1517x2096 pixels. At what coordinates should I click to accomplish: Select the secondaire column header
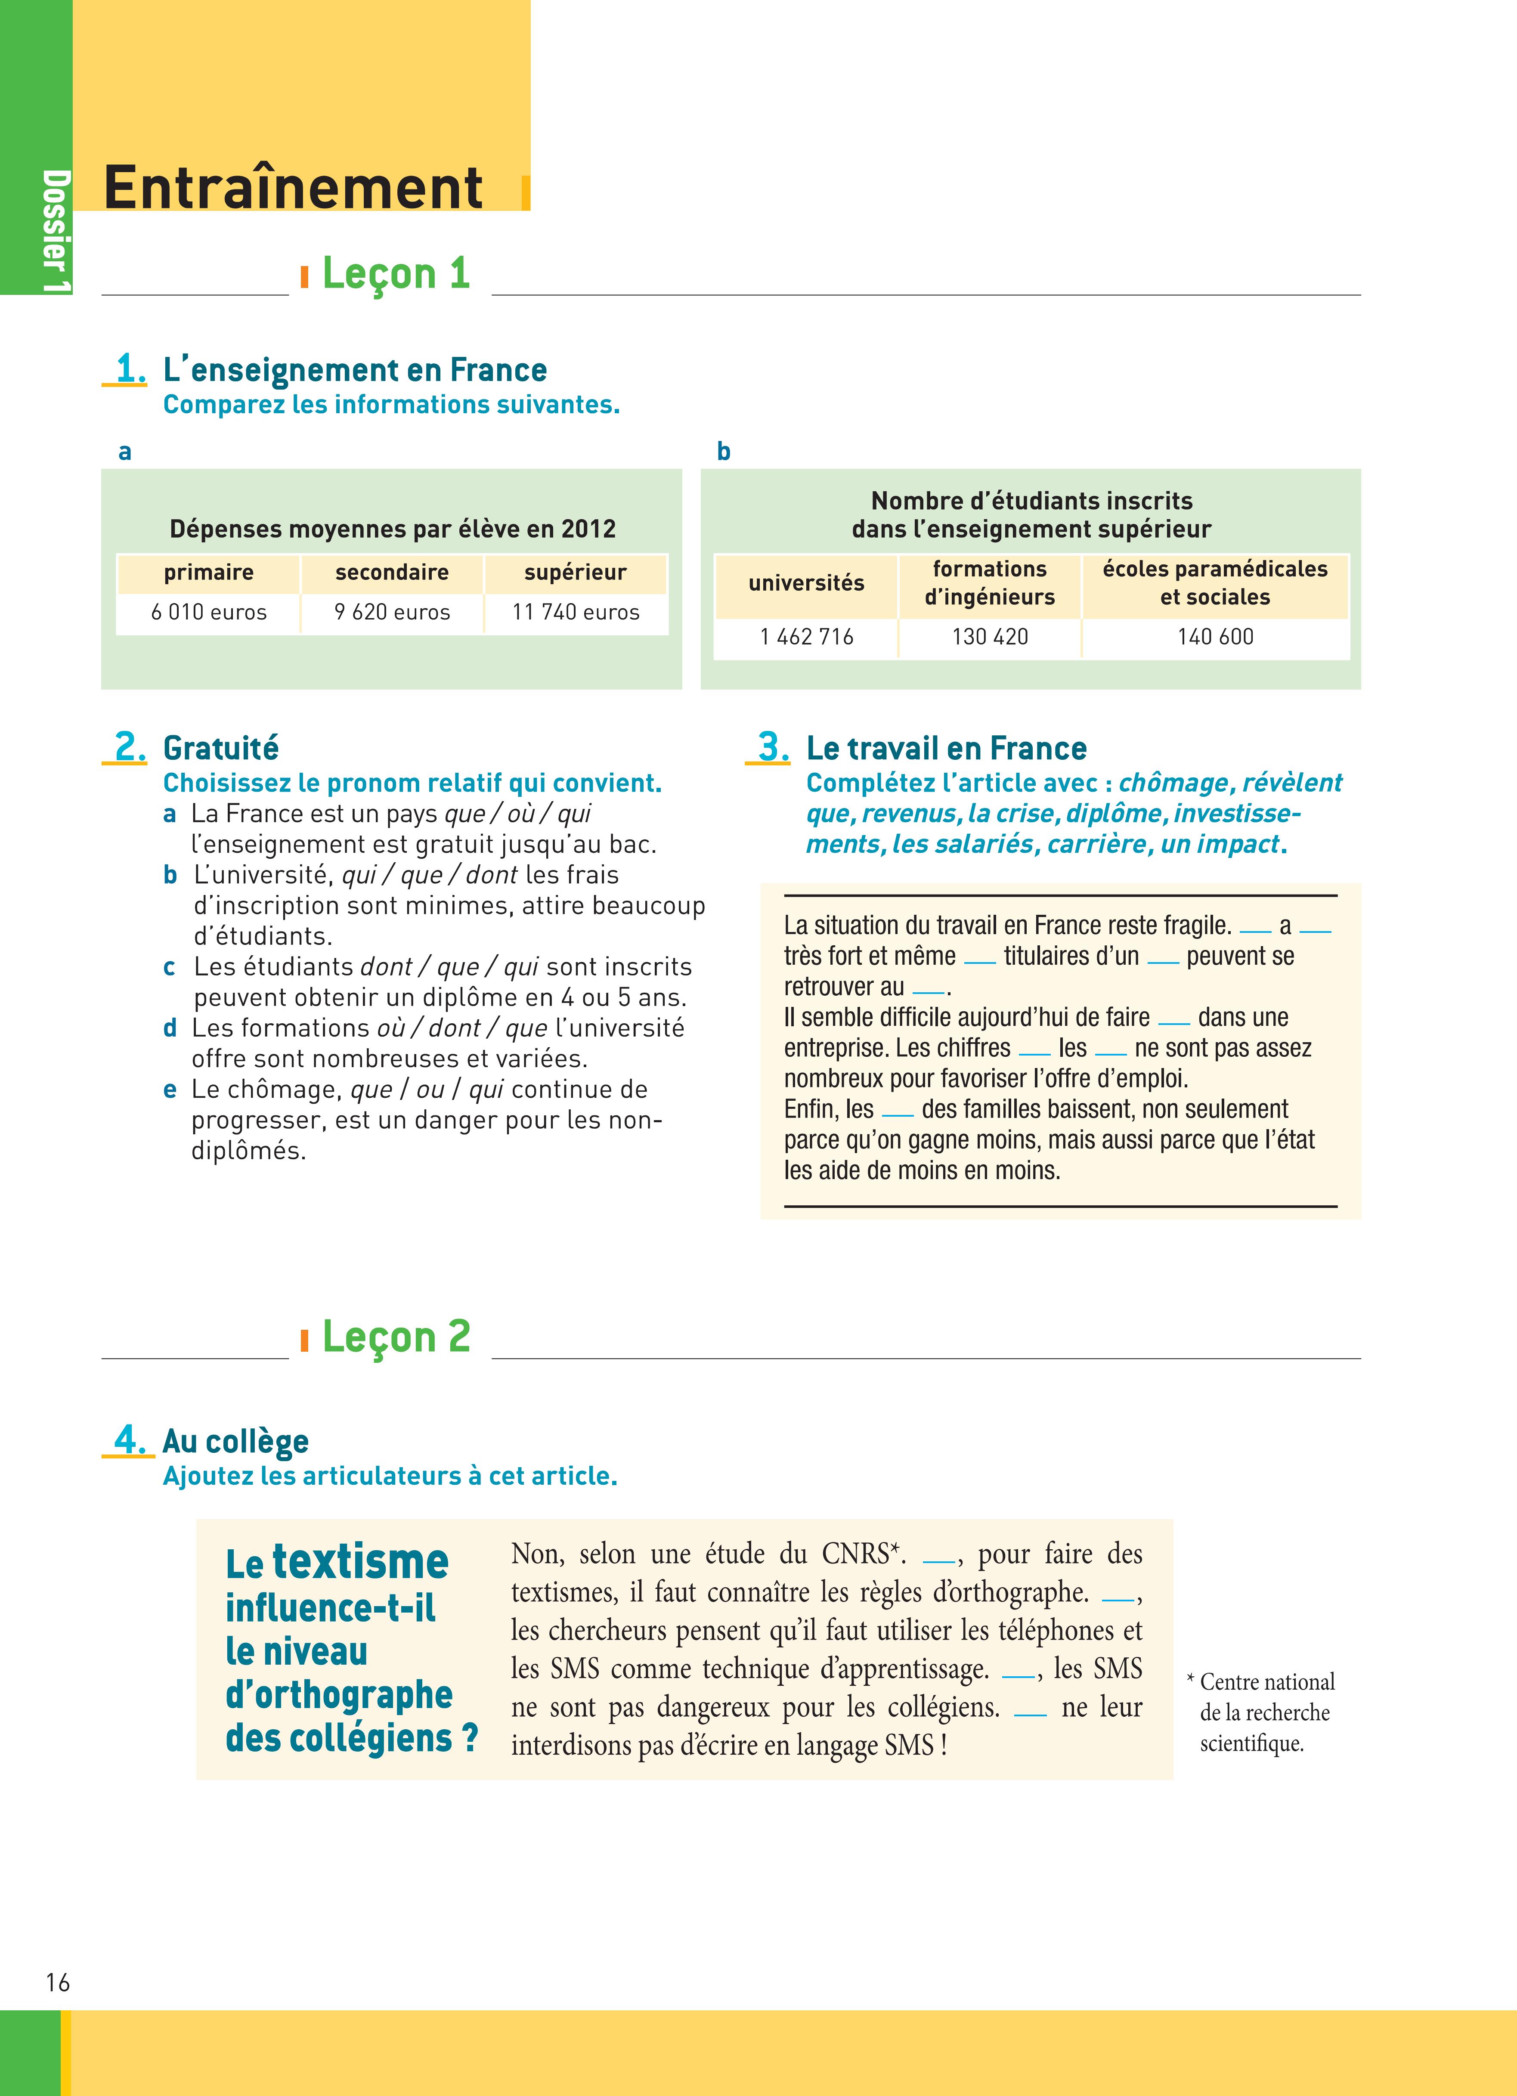click(392, 573)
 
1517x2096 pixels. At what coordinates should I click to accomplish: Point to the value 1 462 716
click(806, 637)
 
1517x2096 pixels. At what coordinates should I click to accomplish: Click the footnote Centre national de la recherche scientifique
click(1265, 1712)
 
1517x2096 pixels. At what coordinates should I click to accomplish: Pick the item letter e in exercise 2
click(170, 1090)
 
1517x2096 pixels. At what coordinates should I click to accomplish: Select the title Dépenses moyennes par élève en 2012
click(392, 529)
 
